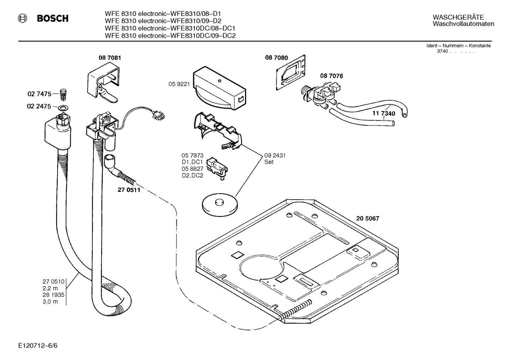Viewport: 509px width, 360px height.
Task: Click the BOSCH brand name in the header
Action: tap(53, 19)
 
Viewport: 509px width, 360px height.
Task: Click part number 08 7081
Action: tap(109, 58)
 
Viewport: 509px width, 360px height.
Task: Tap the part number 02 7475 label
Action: tap(39, 94)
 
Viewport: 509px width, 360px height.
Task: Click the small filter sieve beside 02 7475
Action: tap(64, 94)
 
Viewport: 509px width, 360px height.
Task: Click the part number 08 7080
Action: tap(276, 58)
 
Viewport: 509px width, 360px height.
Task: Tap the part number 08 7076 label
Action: tap(331, 76)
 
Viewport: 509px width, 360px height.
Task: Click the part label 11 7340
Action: tap(384, 113)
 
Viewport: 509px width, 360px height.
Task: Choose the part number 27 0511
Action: tap(129, 190)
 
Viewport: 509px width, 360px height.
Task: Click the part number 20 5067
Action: tap(368, 219)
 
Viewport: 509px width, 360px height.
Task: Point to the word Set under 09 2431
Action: tap(269, 162)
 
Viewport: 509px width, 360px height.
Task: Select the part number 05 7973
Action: tap(192, 155)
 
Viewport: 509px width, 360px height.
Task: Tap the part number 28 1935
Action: tap(54, 295)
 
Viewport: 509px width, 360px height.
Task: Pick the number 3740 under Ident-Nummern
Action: tap(442, 51)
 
